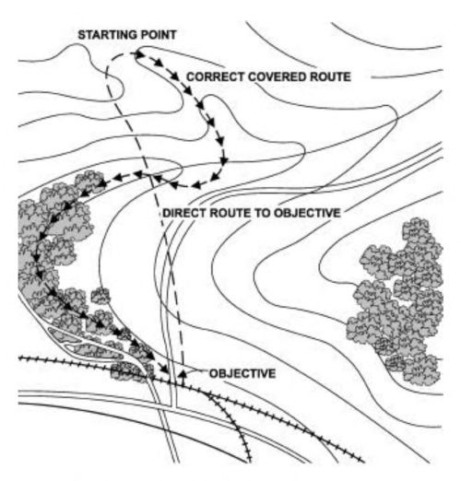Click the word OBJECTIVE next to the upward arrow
coord(242,373)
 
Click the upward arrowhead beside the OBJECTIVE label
coord(182,371)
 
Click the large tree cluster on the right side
coord(396,295)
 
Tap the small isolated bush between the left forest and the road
coord(100,296)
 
